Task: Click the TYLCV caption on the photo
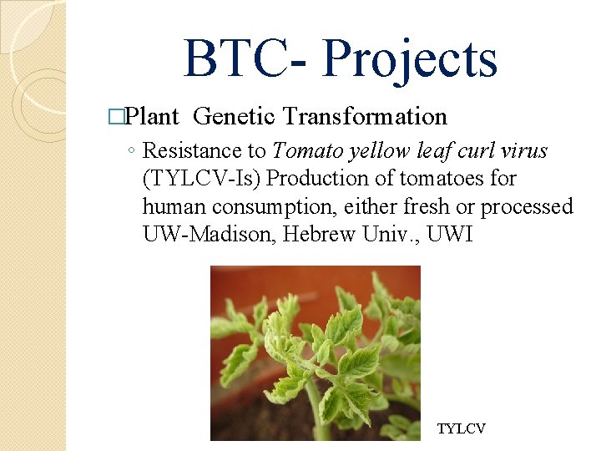(x=461, y=428)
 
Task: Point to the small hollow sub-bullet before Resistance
(x=133, y=152)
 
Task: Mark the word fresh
(x=426, y=206)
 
